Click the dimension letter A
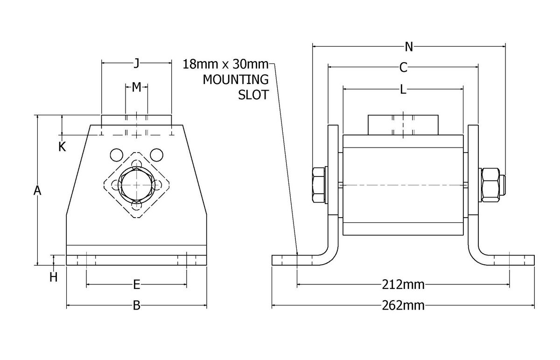pyautogui.click(x=37, y=191)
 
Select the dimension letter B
pyautogui.click(x=136, y=306)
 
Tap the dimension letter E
pyautogui.click(x=136, y=284)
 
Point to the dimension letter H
pyautogui.click(x=54, y=277)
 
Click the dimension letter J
pyautogui.click(x=136, y=63)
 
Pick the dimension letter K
pyautogui.click(x=62, y=147)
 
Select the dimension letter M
pyautogui.click(x=136, y=87)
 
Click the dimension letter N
pyautogui.click(x=409, y=46)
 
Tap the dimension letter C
pyautogui.click(x=404, y=68)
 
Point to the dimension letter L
pyautogui.click(x=403, y=90)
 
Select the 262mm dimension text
pyautogui.click(x=403, y=306)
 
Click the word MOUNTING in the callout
pyautogui.click(x=236, y=79)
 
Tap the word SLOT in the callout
pyautogui.click(x=253, y=95)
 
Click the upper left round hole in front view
pyautogui.click(x=116, y=154)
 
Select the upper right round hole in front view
pyautogui.click(x=157, y=154)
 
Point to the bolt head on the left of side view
pyautogui.click(x=318, y=185)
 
